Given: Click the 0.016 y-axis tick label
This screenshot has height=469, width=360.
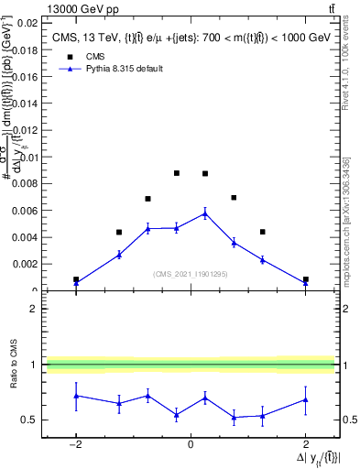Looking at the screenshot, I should pyautogui.click(x=24, y=76).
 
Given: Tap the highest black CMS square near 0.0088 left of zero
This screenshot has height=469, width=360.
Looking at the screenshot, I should pyautogui.click(x=177, y=173).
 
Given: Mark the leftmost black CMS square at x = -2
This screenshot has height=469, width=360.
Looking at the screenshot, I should pyautogui.click(x=76, y=279).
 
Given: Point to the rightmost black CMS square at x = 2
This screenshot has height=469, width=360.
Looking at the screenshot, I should pyautogui.click(x=305, y=279).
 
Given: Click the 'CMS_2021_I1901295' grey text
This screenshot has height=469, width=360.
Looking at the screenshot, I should pyautogui.click(x=191, y=274).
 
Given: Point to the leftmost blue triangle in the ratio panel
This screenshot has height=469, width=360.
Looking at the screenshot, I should pyautogui.click(x=76, y=396).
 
